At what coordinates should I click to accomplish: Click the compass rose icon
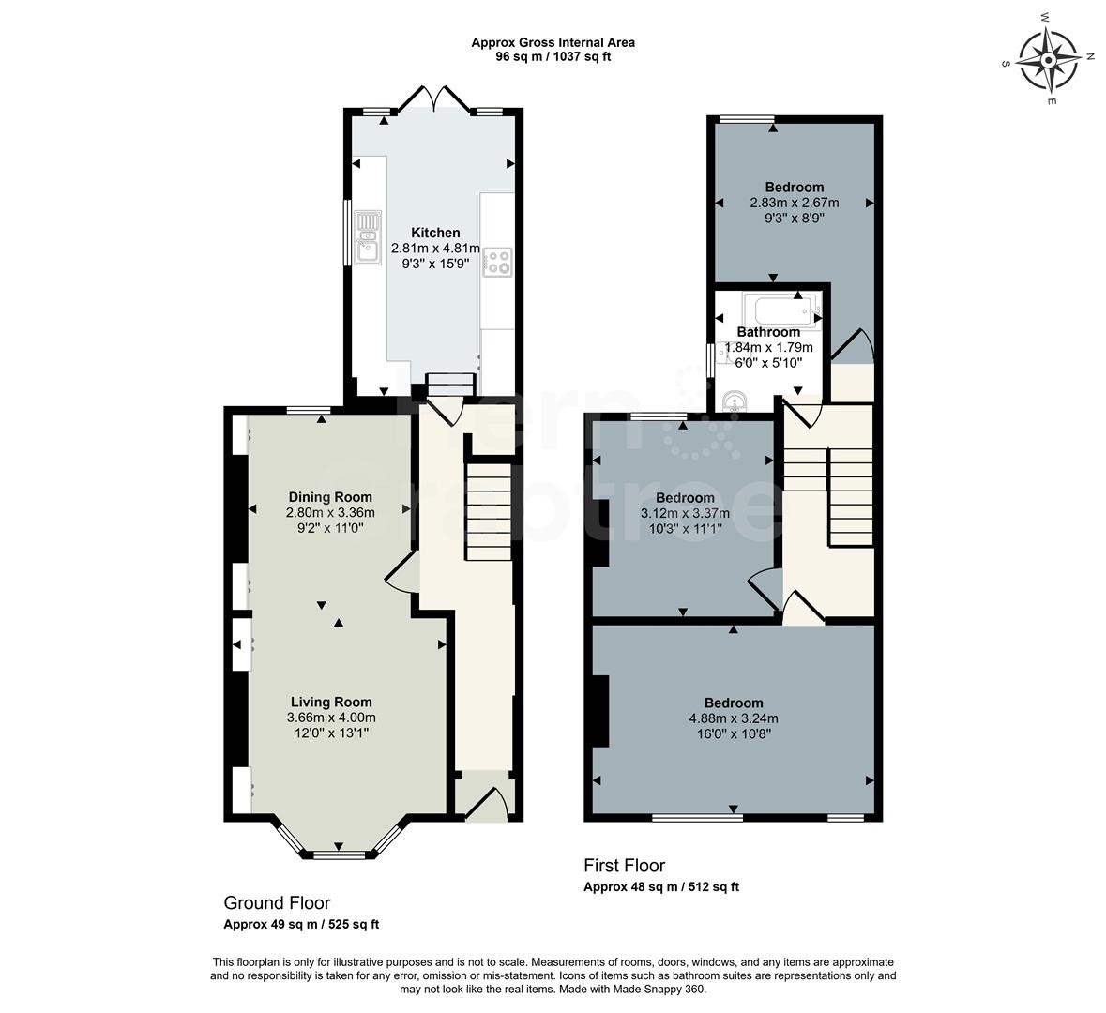tap(1049, 58)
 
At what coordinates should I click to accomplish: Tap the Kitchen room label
tap(435, 233)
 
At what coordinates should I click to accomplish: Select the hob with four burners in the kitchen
tap(496, 262)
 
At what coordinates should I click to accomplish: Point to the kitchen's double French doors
tap(434, 98)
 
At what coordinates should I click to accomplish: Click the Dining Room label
tap(329, 497)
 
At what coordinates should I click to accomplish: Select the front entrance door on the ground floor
tap(488, 805)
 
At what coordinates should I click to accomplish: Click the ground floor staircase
tap(488, 512)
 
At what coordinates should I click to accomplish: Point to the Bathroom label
tap(767, 332)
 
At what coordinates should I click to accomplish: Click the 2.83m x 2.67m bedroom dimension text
tap(794, 203)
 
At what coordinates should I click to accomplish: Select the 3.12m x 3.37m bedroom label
tap(684, 497)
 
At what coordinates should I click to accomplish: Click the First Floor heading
tap(624, 866)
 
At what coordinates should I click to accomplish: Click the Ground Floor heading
tap(277, 903)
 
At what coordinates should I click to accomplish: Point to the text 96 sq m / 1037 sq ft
tap(553, 56)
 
